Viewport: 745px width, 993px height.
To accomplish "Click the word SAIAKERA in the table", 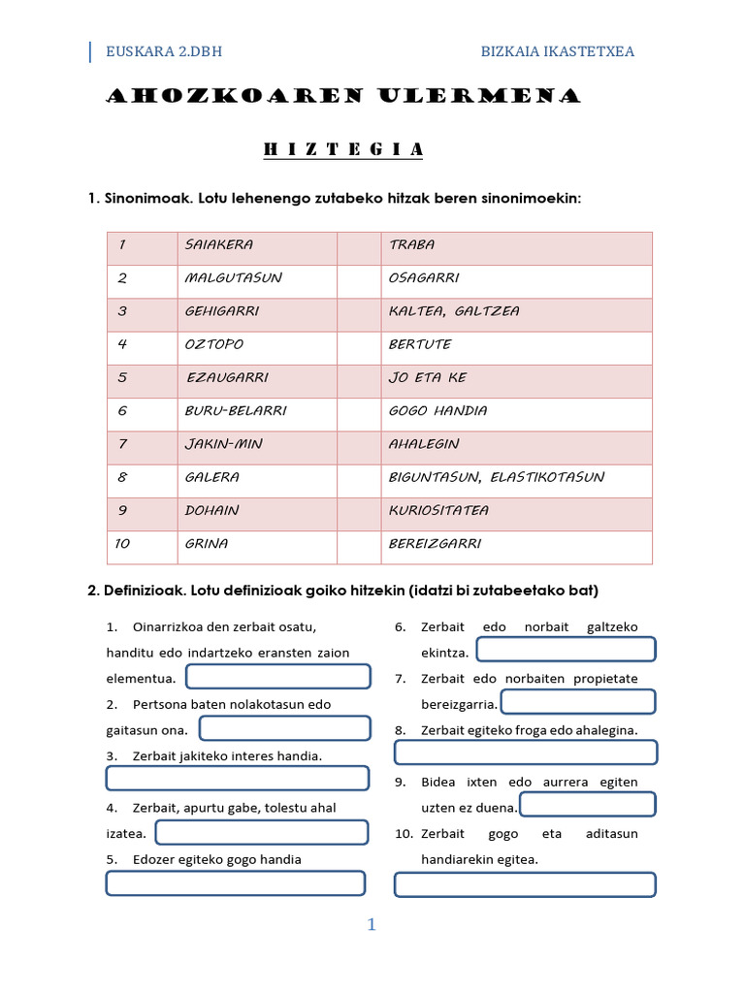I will tap(218, 245).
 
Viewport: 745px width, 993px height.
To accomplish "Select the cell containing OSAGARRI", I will tap(424, 278).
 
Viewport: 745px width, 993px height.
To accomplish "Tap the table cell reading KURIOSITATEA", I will tap(438, 510).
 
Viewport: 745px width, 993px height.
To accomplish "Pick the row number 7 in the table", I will tap(122, 444).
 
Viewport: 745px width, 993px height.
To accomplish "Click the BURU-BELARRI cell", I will tap(236, 411).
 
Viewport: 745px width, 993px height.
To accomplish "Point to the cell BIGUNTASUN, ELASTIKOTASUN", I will tap(496, 477).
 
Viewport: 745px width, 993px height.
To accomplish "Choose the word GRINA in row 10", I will tap(207, 544).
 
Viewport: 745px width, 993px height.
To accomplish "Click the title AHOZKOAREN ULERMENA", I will tap(342, 96).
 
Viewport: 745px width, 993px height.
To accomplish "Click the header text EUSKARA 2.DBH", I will tap(165, 51).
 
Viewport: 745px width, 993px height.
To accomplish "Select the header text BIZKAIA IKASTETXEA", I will tap(558, 51).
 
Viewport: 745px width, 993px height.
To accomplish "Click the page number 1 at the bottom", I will tap(372, 925).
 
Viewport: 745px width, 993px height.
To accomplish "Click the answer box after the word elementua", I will tap(277, 677).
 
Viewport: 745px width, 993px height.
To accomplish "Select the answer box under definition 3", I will tap(237, 778).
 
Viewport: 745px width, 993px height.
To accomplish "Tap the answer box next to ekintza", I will tap(566, 650).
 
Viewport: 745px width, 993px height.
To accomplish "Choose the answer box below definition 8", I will tap(525, 753).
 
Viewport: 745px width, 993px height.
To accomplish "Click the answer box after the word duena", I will tap(587, 805).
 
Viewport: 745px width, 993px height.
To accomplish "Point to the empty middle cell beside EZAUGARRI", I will tap(358, 378).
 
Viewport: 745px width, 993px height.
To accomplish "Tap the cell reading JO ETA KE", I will tap(427, 378).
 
